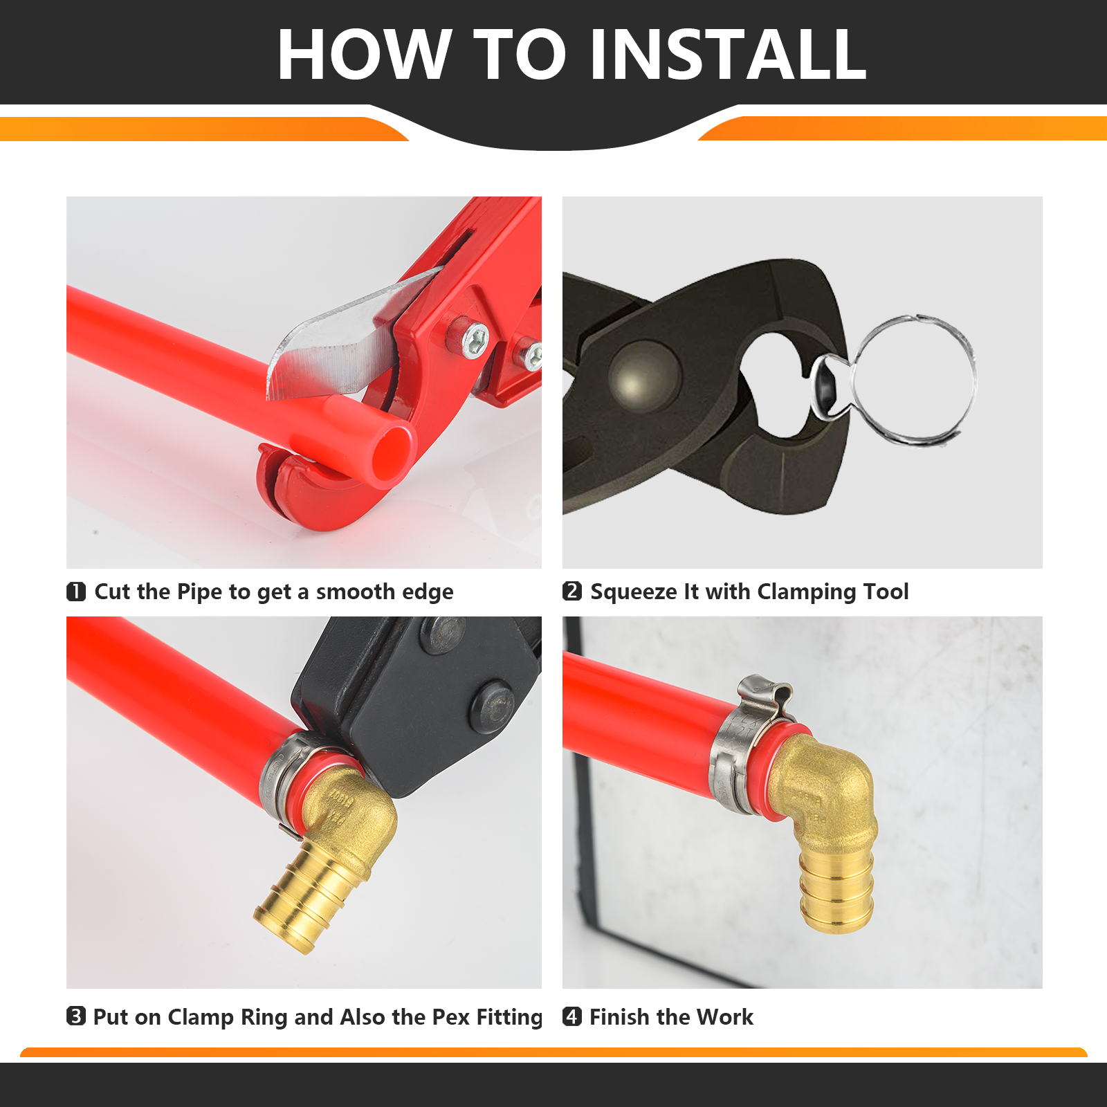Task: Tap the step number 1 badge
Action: click(76, 592)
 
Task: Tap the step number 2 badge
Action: click(572, 591)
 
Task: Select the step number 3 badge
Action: click(76, 1016)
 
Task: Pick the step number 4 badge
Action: click(572, 1016)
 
